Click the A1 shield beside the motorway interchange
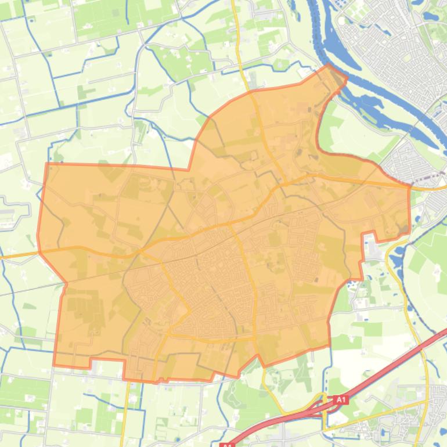coord(341,399)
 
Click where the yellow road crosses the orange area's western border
coord(39,253)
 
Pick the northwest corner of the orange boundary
coord(46,164)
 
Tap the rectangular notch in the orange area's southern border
coord(107,363)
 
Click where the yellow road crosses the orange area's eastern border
coord(410,187)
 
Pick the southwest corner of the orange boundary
coord(54,365)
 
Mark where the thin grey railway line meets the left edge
coord(2,295)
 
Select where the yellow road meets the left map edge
coord(2,256)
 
